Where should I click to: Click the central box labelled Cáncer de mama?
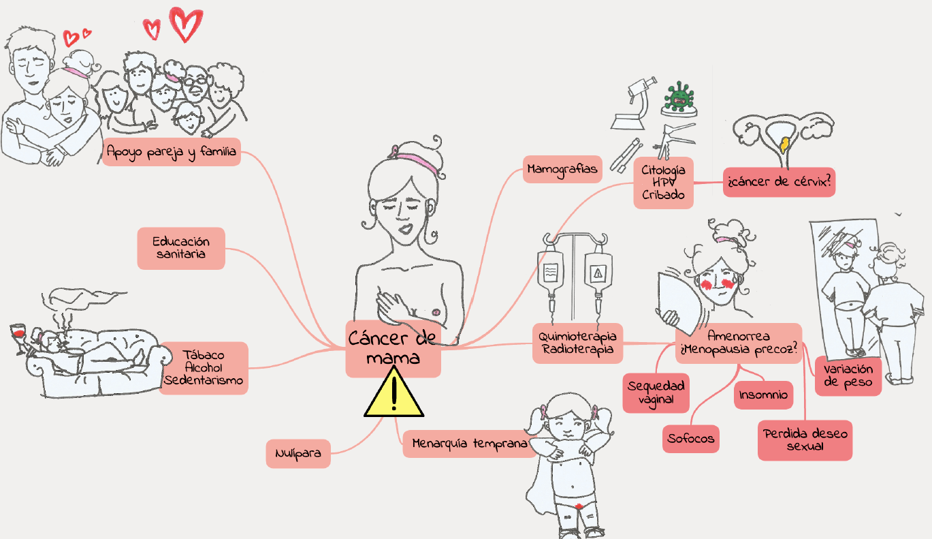click(x=393, y=348)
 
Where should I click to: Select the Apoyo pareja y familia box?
click(x=172, y=153)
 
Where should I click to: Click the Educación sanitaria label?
click(x=180, y=248)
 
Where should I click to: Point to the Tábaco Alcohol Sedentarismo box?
click(x=204, y=368)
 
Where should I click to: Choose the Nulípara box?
click(x=298, y=453)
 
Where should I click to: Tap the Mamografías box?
click(x=562, y=168)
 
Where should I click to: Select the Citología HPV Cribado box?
click(x=663, y=183)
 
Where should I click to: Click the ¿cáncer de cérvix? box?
click(x=779, y=183)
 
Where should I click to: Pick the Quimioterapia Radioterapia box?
click(x=577, y=343)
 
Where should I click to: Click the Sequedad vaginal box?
click(x=656, y=392)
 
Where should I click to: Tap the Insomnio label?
click(x=763, y=395)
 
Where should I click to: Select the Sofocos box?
click(x=691, y=438)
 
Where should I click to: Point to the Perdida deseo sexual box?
click(x=805, y=440)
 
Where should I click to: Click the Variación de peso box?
click(x=848, y=375)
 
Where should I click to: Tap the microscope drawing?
click(x=634, y=102)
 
